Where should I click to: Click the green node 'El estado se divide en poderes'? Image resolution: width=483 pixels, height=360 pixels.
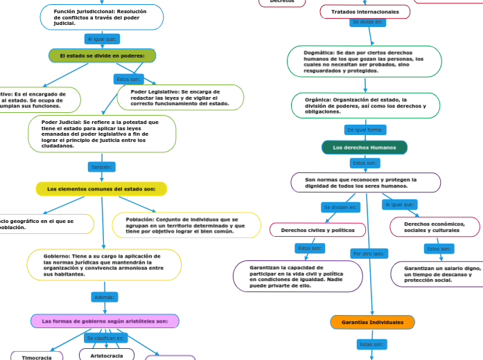pyautogui.click(x=102, y=55)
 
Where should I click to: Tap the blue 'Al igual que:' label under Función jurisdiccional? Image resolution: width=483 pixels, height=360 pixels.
pyautogui.click(x=102, y=39)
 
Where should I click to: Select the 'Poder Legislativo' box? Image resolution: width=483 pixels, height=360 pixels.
pyautogui.click(x=180, y=98)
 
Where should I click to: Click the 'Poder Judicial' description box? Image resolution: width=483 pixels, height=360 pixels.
pyautogui.click(x=102, y=134)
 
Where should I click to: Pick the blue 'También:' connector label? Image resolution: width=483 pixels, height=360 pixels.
pyautogui.click(x=102, y=167)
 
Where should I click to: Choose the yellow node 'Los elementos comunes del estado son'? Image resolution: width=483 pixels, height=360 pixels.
pyautogui.click(x=101, y=189)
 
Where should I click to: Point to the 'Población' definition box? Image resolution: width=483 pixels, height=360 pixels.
pyautogui.click(x=186, y=225)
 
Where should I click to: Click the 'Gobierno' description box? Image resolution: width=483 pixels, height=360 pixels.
pyautogui.click(x=104, y=264)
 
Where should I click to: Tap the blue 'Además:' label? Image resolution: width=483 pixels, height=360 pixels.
pyautogui.click(x=104, y=297)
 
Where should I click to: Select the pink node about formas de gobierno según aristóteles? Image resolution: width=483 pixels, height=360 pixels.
pyautogui.click(x=105, y=321)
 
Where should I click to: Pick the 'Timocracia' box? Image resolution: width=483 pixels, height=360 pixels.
pyautogui.click(x=37, y=357)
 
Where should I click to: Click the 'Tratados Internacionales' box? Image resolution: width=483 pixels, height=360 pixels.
pyautogui.click(x=365, y=12)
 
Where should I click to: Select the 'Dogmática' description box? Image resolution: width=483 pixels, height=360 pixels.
pyautogui.click(x=364, y=61)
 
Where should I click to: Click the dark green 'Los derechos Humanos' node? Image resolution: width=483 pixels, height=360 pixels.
pyautogui.click(x=365, y=147)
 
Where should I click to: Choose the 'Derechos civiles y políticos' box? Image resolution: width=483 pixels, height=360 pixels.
pyautogui.click(x=318, y=229)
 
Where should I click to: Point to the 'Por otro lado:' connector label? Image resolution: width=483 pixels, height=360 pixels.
pyautogui.click(x=369, y=253)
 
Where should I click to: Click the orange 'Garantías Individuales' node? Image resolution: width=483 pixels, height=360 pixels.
pyautogui.click(x=373, y=323)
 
